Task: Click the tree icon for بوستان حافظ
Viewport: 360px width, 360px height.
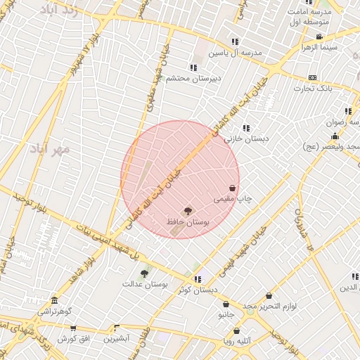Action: click(188, 210)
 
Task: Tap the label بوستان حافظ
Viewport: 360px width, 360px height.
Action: click(188, 221)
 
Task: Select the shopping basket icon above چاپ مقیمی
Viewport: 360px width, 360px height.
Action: click(233, 188)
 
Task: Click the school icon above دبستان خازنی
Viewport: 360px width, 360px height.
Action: click(246, 128)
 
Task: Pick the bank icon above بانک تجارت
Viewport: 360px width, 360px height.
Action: click(312, 77)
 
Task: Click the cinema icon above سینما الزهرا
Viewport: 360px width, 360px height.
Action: click(319, 37)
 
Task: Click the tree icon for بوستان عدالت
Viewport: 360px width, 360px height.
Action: click(144, 273)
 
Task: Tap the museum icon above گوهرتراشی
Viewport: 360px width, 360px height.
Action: click(54, 300)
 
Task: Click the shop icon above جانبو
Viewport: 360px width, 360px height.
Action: click(226, 304)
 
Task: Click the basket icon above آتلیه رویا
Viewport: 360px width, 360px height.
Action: click(236, 330)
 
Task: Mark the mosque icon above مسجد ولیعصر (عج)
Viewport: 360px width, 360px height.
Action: click(335, 136)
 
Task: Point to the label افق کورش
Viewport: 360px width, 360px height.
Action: click(71, 339)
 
